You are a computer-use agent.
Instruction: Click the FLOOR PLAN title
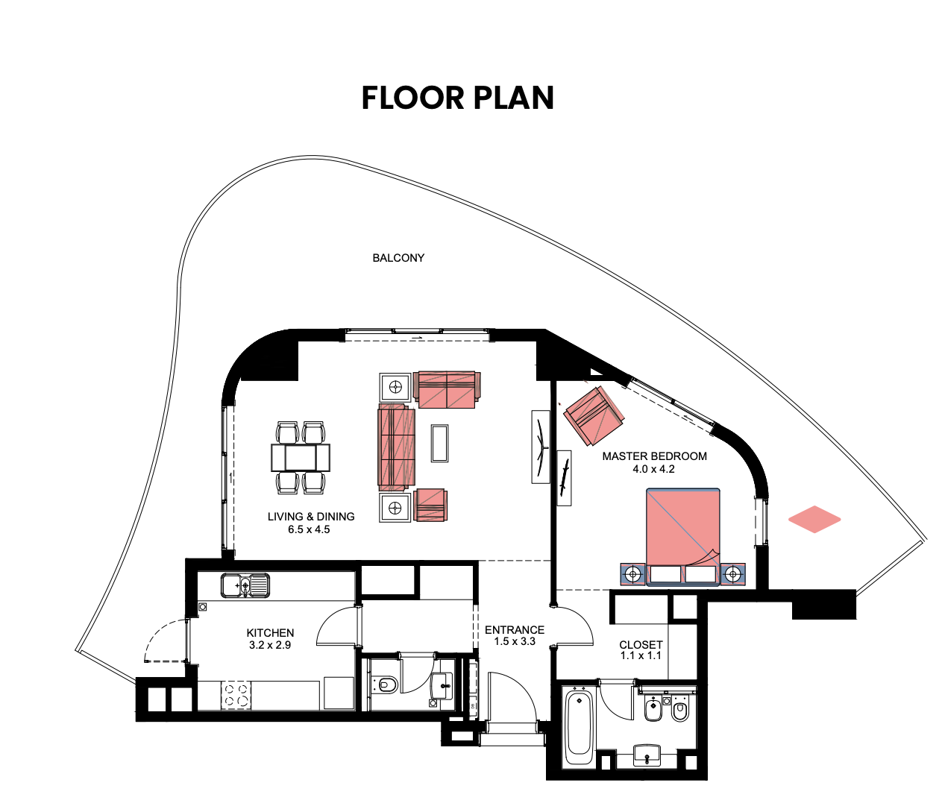457,98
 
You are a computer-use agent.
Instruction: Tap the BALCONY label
398,258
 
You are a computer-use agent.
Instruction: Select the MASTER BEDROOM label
654,456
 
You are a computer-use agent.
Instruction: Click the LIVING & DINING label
311,517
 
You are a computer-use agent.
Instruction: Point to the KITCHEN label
270,633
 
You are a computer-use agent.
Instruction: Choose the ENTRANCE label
515,630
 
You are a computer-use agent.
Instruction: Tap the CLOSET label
641,644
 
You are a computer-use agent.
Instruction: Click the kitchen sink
245,585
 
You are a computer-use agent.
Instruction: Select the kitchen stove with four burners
236,695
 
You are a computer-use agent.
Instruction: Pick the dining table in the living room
301,458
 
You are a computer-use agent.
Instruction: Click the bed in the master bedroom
682,537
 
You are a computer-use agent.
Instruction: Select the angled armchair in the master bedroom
594,416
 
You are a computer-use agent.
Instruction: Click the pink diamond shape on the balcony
814,519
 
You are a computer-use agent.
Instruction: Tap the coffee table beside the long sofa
440,443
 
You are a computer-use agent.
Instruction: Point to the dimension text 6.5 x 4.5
309,529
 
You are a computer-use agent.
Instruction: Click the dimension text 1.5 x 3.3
515,641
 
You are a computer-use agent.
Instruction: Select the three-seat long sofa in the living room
396,447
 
